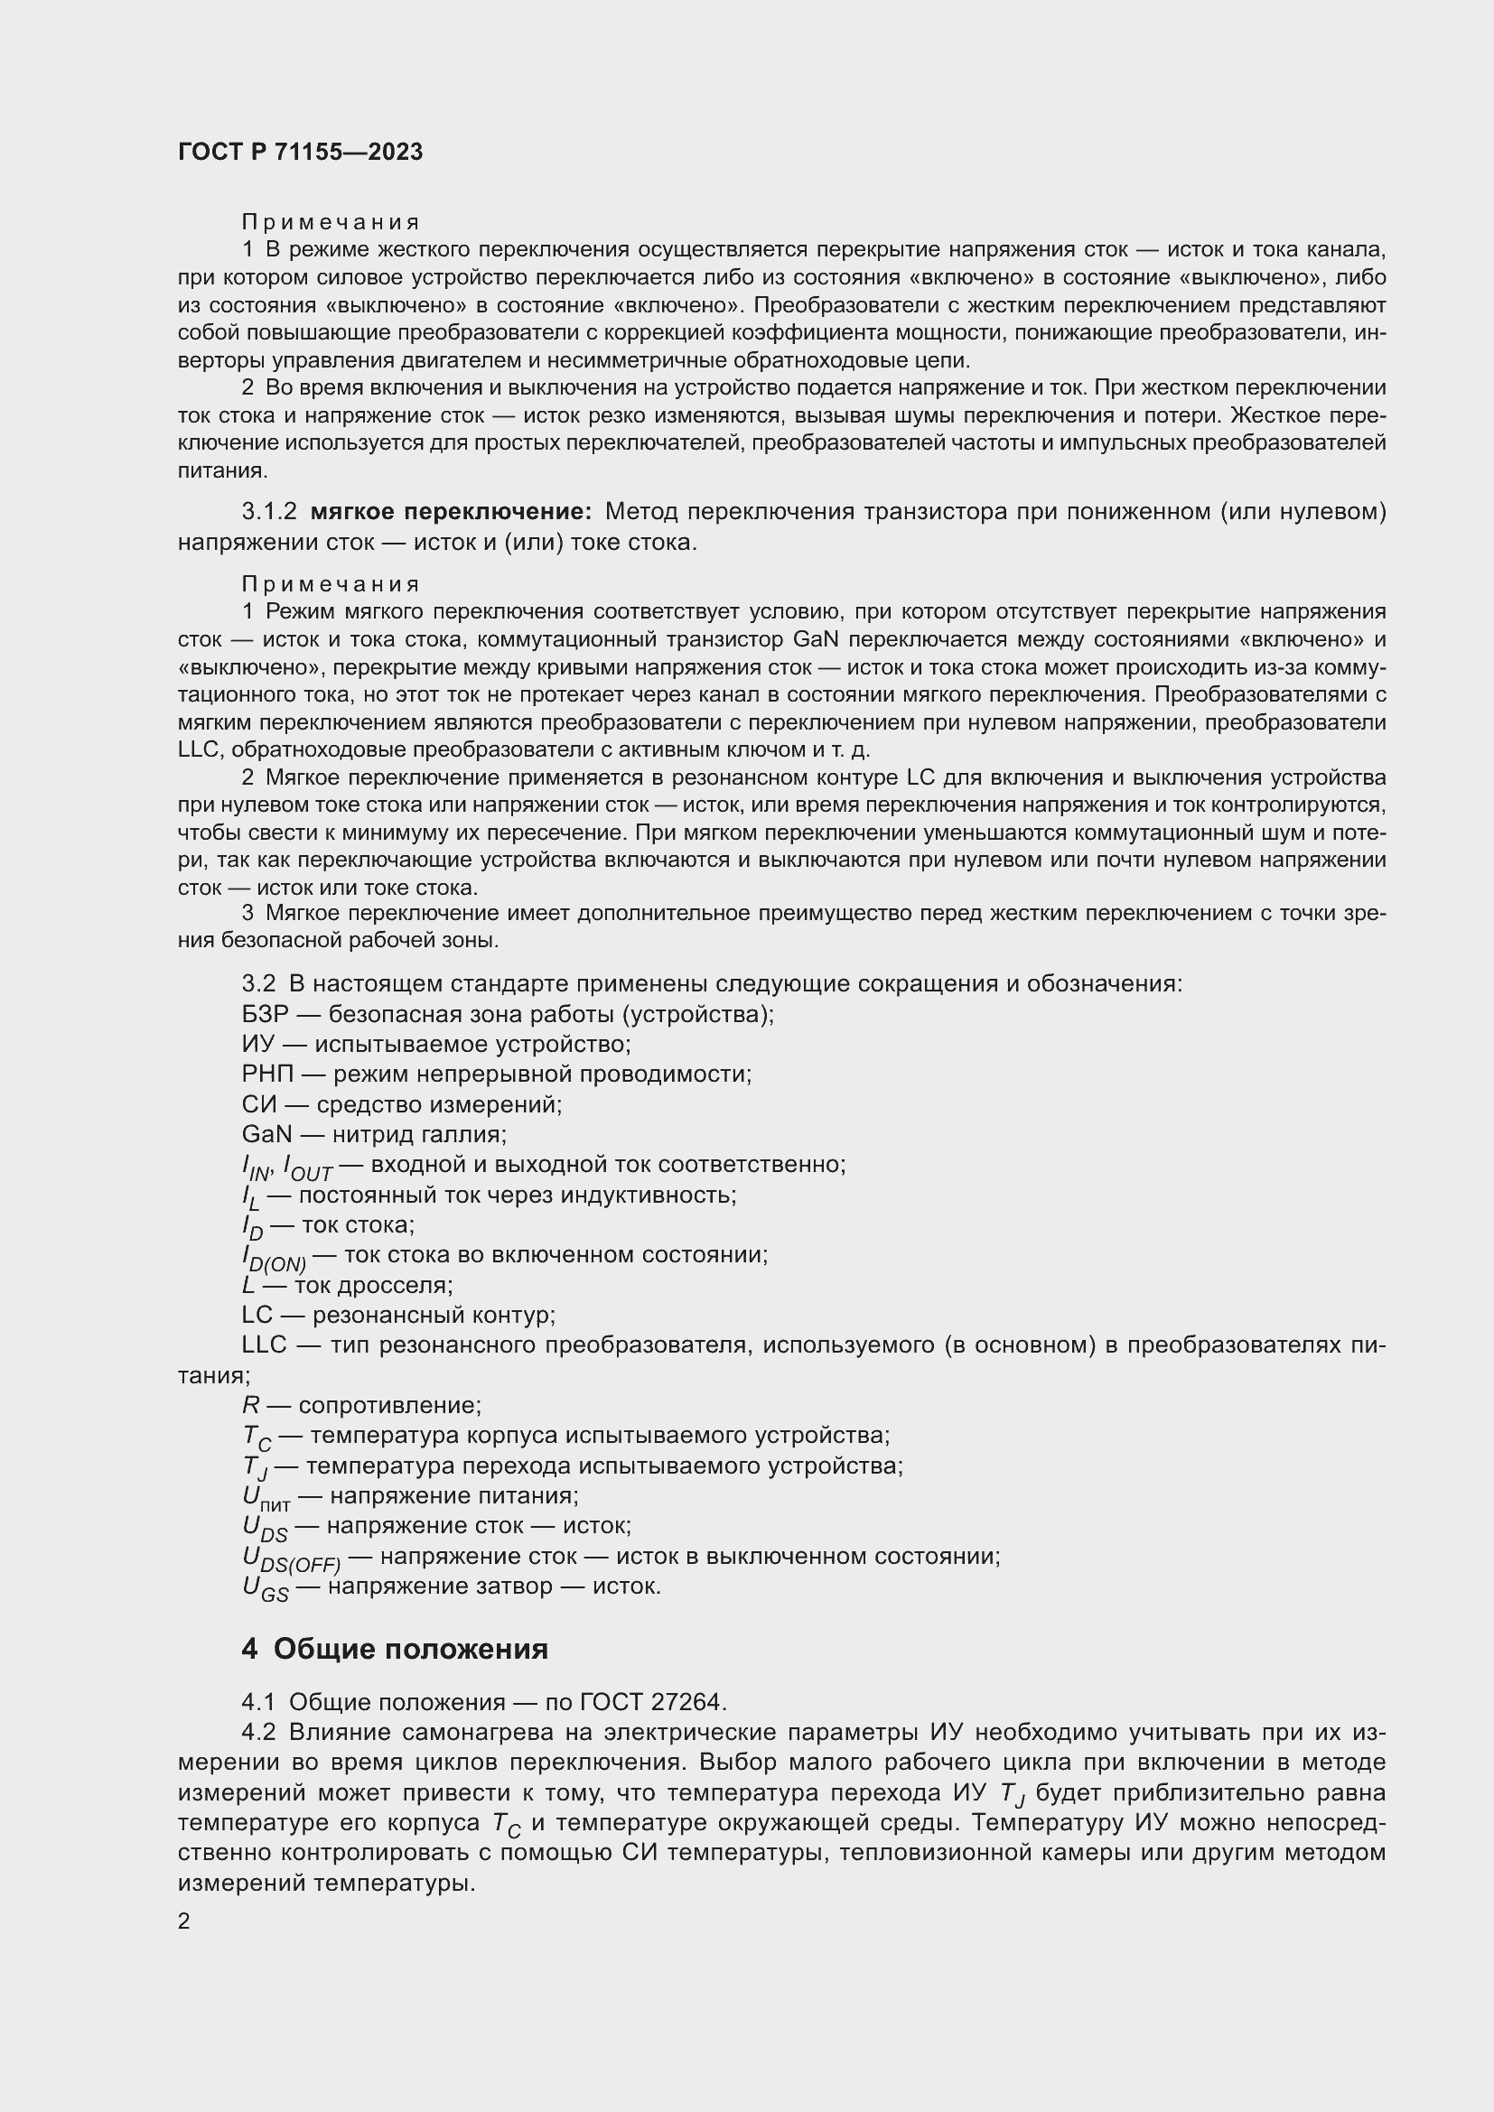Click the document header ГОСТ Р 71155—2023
(300, 152)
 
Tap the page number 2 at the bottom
(184, 1921)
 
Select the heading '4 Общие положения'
(395, 1650)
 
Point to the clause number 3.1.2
(269, 511)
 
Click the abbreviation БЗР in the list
(265, 1015)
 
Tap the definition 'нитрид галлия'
(419, 1134)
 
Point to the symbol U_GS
(265, 1588)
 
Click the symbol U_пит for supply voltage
(266, 1499)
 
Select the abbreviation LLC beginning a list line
(265, 1344)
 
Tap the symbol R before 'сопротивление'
(250, 1406)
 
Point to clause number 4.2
(258, 1732)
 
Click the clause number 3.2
(258, 984)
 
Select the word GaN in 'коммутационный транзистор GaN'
(814, 639)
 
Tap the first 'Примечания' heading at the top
(331, 223)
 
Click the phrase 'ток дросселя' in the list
(374, 1285)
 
